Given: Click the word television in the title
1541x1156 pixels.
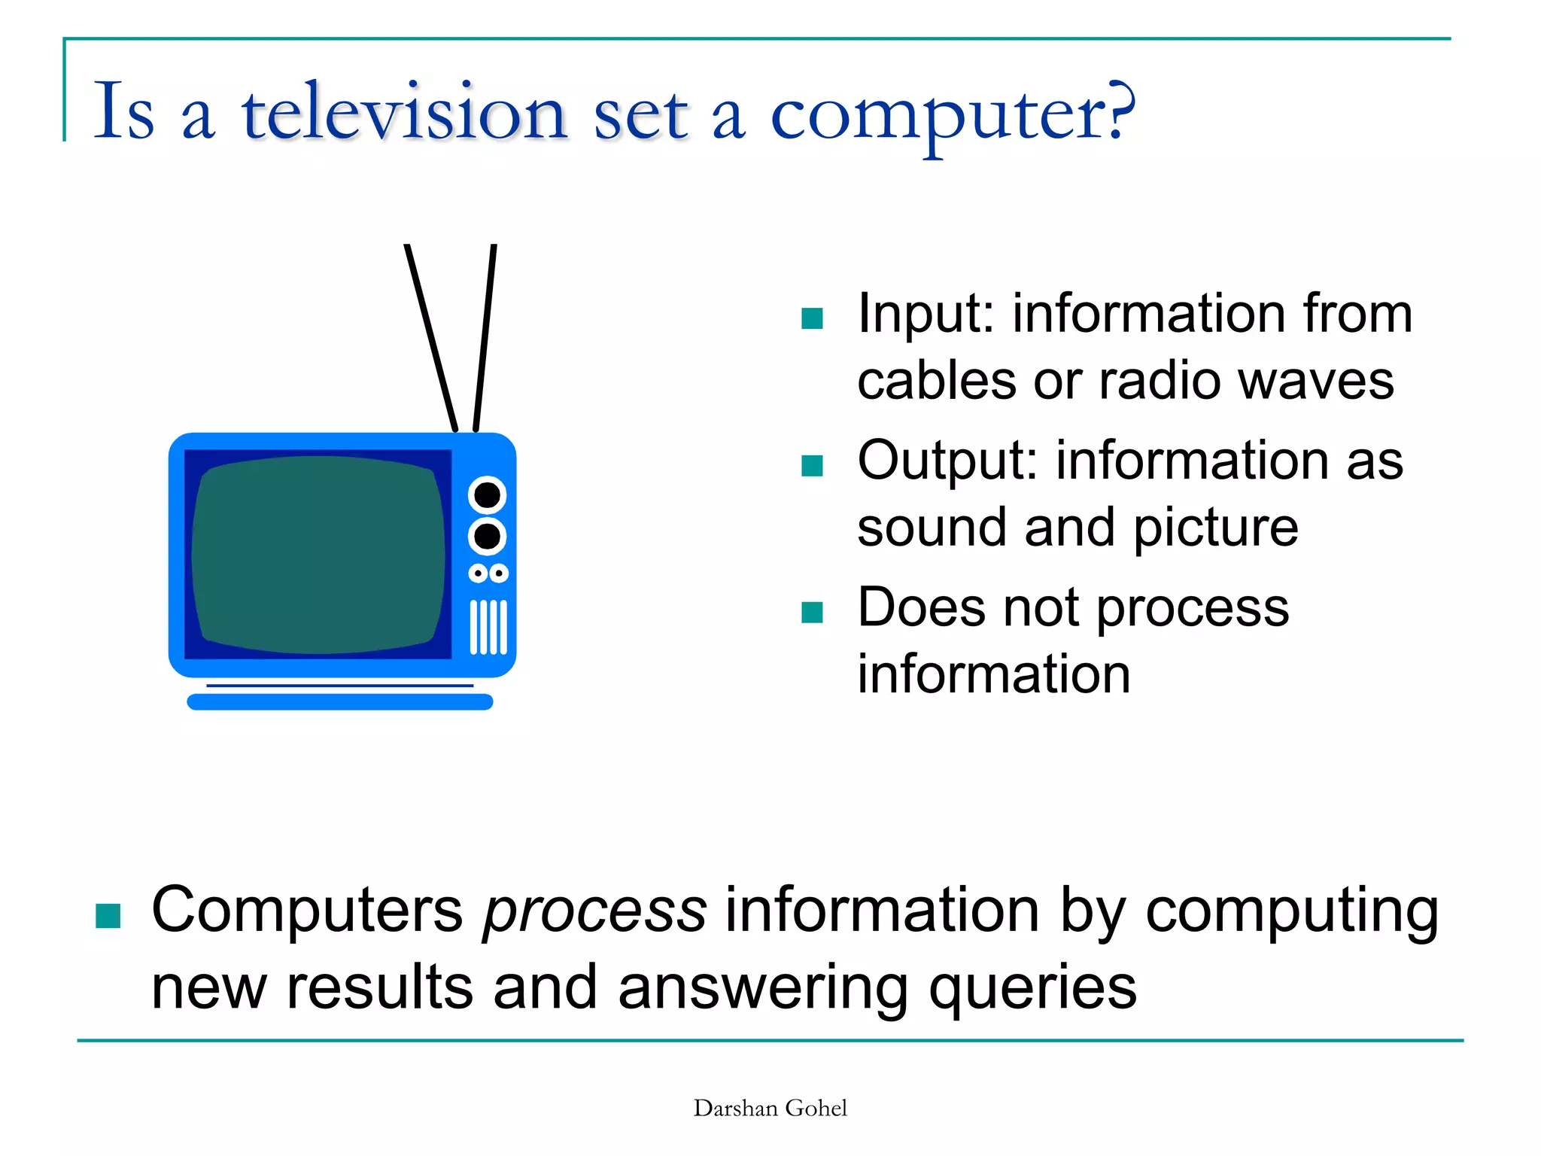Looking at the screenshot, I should pos(403,113).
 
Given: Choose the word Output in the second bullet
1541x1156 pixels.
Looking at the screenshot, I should pos(947,461).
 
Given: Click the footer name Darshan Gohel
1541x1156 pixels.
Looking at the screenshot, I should pos(770,1108).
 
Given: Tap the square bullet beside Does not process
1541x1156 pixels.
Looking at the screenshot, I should pos(812,613).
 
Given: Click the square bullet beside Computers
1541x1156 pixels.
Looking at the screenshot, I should pos(108,916).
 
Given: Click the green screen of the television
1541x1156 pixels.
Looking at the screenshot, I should pos(318,555).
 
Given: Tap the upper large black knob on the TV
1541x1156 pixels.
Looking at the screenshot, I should pos(487,495).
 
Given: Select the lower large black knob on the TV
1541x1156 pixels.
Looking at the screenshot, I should pos(487,537).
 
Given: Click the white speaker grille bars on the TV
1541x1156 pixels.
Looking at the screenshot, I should pos(488,627).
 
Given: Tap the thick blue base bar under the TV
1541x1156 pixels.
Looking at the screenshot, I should pos(339,702).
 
